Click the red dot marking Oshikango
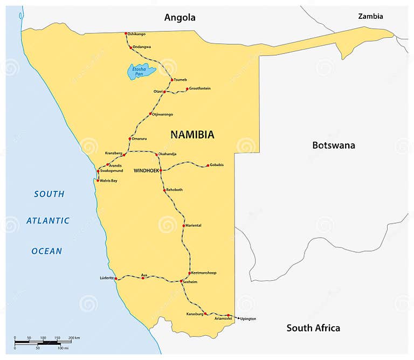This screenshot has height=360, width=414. coord(126,33)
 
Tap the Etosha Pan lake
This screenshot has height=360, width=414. coord(141,71)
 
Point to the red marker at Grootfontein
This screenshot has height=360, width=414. coord(187,89)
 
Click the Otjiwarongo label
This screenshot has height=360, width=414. coord(164,114)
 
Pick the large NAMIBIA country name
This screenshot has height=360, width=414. coord(192,135)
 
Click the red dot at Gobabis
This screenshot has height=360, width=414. coord(208,166)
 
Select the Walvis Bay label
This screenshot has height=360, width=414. coord(108,181)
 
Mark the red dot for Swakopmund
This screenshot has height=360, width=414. coord(98,171)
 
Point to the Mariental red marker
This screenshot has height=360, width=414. coord(184,225)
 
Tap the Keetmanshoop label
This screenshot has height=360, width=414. coord(204,273)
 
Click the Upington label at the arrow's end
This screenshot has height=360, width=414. coord(248,319)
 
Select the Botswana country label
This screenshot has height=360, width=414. coord(334,145)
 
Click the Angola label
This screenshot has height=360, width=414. coord(180,18)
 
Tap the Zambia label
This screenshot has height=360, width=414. coord(370,17)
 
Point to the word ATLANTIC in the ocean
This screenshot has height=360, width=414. coord(48,220)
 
